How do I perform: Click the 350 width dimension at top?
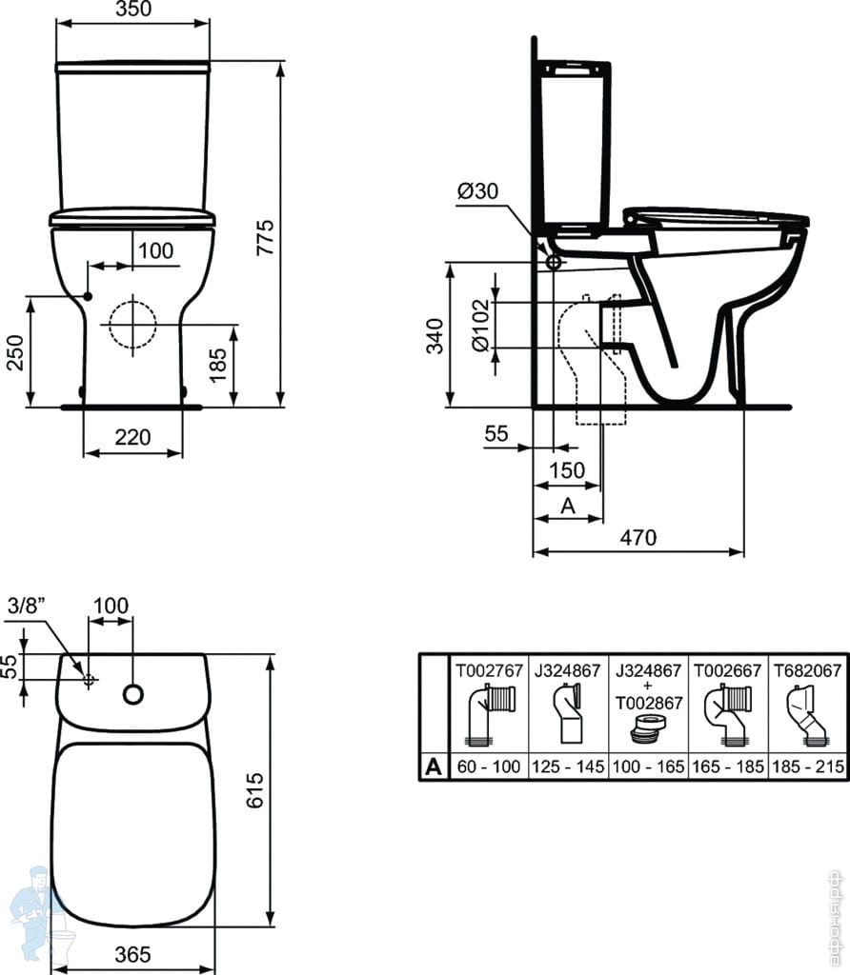133,9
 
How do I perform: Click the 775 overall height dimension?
266,237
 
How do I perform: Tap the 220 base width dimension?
132,437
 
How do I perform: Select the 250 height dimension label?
15,352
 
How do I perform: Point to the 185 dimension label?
218,365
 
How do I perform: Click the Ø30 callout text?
478,190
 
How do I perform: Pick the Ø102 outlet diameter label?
481,326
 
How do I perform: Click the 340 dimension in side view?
435,336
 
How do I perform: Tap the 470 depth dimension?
638,537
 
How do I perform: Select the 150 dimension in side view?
567,470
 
